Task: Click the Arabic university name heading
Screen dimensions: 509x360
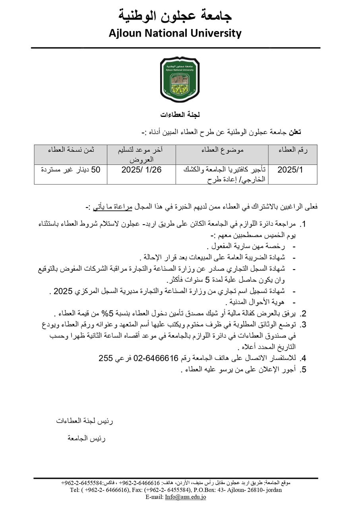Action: point(175,16)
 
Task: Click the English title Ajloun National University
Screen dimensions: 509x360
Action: point(175,33)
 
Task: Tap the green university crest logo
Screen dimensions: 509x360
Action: point(180,79)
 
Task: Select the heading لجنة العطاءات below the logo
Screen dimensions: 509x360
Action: point(180,115)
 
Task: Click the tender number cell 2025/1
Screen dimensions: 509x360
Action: point(290,170)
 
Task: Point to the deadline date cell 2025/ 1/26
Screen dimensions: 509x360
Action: point(141,170)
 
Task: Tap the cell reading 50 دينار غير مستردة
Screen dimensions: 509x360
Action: point(71,170)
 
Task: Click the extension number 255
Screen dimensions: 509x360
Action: point(106,358)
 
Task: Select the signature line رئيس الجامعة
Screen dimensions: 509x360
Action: point(86,439)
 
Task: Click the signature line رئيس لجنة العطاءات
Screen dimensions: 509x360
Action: point(85,421)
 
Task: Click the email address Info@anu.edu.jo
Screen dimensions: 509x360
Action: point(186,497)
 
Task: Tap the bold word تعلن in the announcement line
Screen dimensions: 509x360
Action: point(294,132)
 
